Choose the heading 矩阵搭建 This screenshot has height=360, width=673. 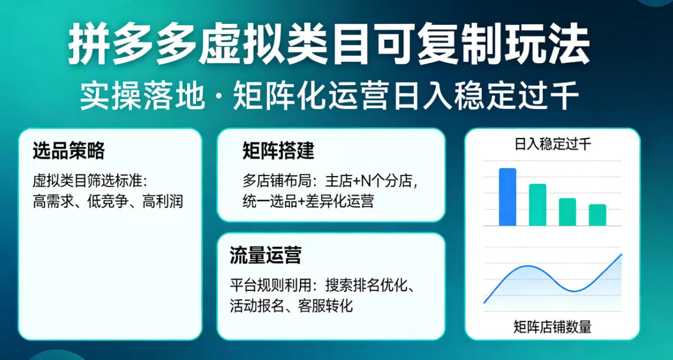[278, 150]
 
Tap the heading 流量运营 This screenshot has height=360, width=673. [265, 256]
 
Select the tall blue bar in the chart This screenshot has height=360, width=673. [507, 197]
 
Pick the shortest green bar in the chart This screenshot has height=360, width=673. [597, 215]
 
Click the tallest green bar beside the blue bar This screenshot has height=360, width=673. [537, 205]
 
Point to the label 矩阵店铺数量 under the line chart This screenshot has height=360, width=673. [552, 327]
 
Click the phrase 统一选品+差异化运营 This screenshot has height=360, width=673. [308, 201]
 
